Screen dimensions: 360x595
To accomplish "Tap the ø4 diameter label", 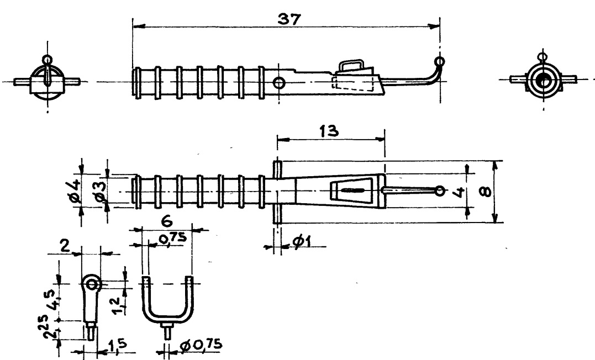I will pyautogui.click(x=76, y=190).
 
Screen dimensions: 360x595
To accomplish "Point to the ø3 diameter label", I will pyautogui.click(x=101, y=190).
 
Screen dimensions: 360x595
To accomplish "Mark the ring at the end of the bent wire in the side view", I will pyautogui.click(x=439, y=61).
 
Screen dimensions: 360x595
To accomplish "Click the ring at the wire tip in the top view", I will pyautogui.click(x=439, y=191).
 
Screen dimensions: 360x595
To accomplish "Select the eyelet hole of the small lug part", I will pyautogui.click(x=92, y=285).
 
